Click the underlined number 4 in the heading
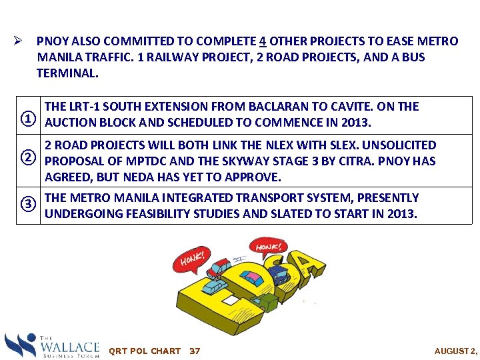pos(263,41)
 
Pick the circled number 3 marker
pos(28,203)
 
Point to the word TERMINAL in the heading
pos(67,73)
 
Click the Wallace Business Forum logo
pos(52,345)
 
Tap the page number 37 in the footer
pos(195,351)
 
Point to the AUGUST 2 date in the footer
pos(456,351)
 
